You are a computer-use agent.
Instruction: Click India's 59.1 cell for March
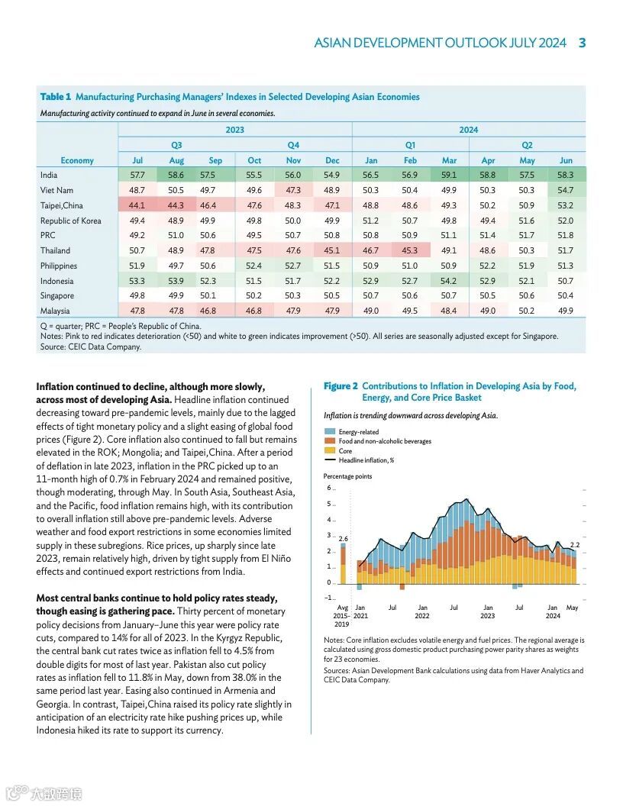(x=449, y=175)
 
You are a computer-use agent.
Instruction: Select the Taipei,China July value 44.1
(x=137, y=205)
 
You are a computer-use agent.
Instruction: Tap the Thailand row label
(x=55, y=250)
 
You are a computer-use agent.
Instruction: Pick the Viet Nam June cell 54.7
(x=566, y=190)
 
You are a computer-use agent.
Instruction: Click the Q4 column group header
(x=293, y=145)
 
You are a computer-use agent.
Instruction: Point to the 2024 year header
(x=469, y=130)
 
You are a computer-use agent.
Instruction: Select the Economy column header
(x=77, y=160)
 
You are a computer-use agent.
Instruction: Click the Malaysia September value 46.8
(x=215, y=311)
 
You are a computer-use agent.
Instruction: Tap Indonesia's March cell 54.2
(x=449, y=281)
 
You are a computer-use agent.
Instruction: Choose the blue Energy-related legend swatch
(x=329, y=432)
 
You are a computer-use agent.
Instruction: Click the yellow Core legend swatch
(x=329, y=451)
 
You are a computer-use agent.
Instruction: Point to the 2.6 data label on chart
(x=343, y=539)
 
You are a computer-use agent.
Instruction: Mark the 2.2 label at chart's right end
(x=575, y=545)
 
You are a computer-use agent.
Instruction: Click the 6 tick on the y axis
(x=328, y=488)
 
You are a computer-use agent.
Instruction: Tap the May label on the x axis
(x=572, y=608)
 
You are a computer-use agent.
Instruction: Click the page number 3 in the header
(x=582, y=43)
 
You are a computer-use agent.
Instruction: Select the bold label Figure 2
(x=341, y=386)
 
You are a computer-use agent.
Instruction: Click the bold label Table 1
(x=55, y=97)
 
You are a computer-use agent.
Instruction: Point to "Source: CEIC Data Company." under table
(x=91, y=347)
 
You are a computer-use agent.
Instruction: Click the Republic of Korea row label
(x=70, y=221)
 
